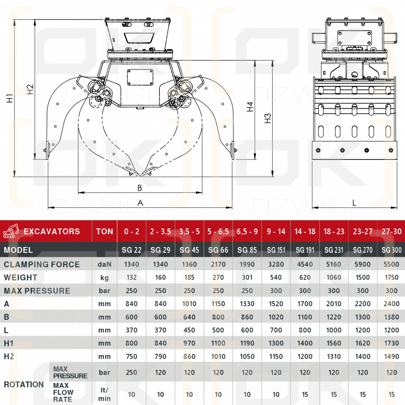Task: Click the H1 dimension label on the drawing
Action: [x=10, y=98]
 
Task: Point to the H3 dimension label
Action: [x=268, y=118]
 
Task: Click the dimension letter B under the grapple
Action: [x=139, y=188]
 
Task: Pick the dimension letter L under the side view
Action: [x=354, y=203]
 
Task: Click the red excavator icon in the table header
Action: [x=11, y=231]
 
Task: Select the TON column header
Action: [x=105, y=231]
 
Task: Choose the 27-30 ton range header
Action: [x=391, y=231]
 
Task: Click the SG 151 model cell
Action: [x=276, y=250]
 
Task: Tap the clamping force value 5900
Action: [x=363, y=264]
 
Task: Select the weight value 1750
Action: [x=391, y=277]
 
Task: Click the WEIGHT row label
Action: [x=21, y=277]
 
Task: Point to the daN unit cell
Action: [x=105, y=264]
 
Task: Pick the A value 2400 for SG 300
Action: [x=391, y=304]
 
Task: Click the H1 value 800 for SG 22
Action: [x=131, y=343]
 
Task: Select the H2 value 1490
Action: [x=391, y=357]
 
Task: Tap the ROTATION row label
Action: [x=24, y=384]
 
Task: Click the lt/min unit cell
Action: [x=105, y=394]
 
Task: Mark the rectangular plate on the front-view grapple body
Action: [x=140, y=78]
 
